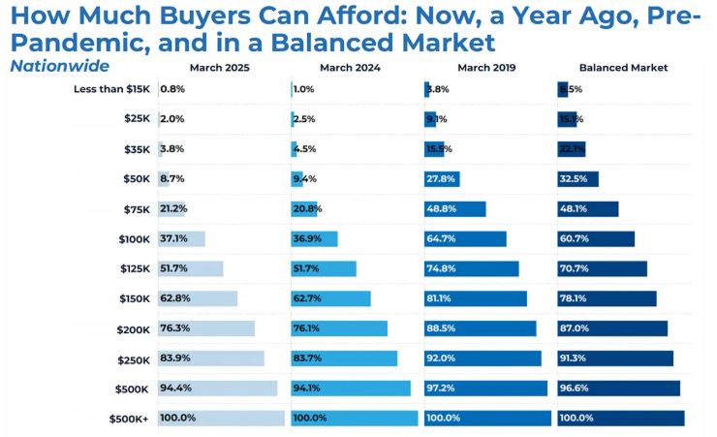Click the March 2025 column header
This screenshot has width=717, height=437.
(x=221, y=67)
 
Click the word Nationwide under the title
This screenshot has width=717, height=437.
(x=60, y=66)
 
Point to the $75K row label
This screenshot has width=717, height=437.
(x=135, y=209)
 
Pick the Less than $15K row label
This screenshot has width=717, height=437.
(x=111, y=89)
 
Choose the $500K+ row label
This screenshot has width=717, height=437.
(x=129, y=419)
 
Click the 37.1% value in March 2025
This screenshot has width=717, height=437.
(x=173, y=239)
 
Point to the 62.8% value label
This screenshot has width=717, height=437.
(x=173, y=299)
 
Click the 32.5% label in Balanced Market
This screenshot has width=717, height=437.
(x=574, y=179)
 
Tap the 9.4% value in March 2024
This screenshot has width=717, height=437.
(x=304, y=179)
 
